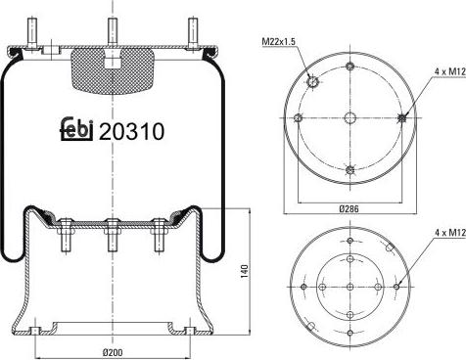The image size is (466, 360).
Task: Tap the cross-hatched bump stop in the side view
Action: point(113,68)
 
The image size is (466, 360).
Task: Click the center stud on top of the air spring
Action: point(113,28)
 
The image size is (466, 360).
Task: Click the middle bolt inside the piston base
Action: point(113,234)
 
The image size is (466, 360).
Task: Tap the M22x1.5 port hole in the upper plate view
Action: point(311,82)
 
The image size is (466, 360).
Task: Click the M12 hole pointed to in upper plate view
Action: point(403,117)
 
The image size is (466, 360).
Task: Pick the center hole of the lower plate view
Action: point(349,286)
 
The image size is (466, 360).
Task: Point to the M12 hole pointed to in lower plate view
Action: point(397,286)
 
